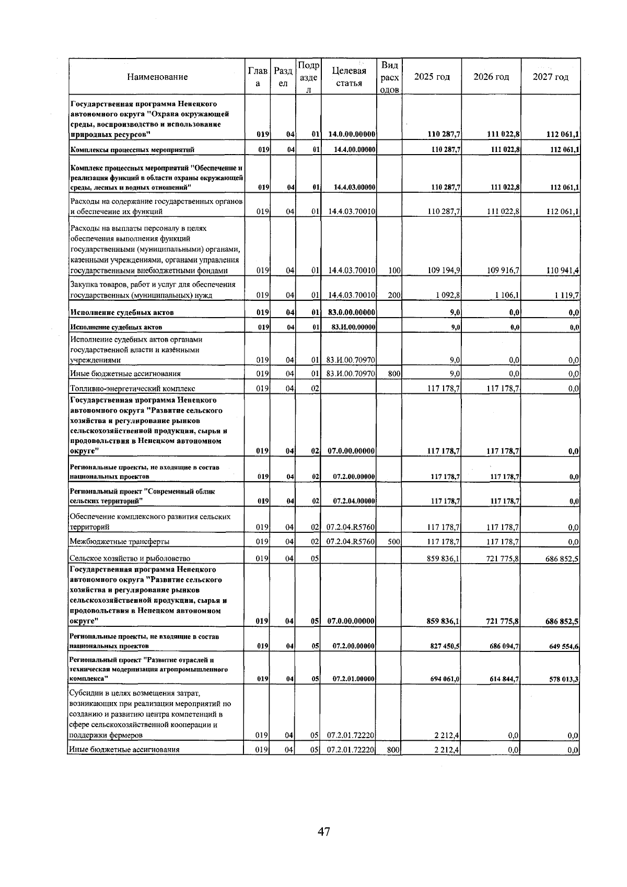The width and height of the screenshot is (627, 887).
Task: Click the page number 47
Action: pyautogui.click(x=324, y=831)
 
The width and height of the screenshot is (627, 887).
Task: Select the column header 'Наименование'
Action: pyautogui.click(x=157, y=77)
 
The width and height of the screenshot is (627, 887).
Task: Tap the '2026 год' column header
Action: pyautogui.click(x=491, y=77)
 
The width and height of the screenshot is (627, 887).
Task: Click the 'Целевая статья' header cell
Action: pyautogui.click(x=349, y=77)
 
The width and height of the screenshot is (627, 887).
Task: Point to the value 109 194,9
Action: pyautogui.click(x=444, y=271)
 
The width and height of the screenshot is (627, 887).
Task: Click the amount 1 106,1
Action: pyautogui.click(x=504, y=295)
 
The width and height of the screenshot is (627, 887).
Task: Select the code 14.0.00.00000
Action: pyautogui.click(x=350, y=135)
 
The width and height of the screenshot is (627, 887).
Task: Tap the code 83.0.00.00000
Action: pyautogui.click(x=350, y=312)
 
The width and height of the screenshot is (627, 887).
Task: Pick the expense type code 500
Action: pyautogui.click(x=394, y=542)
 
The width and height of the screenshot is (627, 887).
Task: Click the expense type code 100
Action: pyautogui.click(x=394, y=271)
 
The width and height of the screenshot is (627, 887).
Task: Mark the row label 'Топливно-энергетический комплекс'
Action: pyautogui.click(x=133, y=389)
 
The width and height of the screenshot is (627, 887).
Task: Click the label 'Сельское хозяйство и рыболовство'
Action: pyautogui.click(x=130, y=558)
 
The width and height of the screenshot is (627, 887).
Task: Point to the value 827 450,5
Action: pyautogui.click(x=445, y=646)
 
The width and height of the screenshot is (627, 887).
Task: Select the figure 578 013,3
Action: pyautogui.click(x=563, y=679)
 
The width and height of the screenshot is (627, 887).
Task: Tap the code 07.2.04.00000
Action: pyautogui.click(x=354, y=501)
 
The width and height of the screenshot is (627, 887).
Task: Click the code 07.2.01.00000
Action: pyautogui.click(x=354, y=679)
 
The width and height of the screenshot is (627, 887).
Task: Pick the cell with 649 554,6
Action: pyautogui.click(x=563, y=646)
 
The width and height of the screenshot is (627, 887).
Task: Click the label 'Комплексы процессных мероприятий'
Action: pyautogui.click(x=133, y=150)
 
